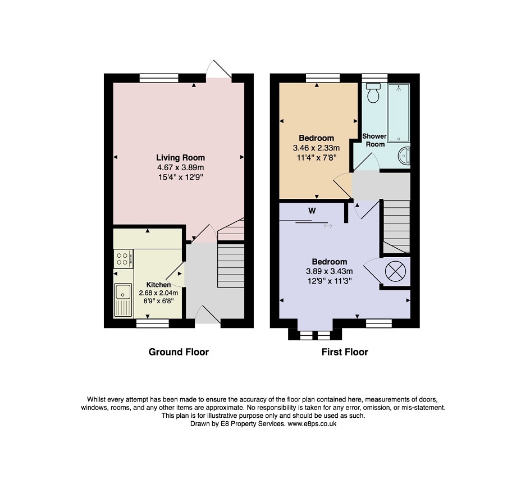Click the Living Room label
180,158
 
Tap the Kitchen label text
158,285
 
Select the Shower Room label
374,140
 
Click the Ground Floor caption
179,352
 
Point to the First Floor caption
345,352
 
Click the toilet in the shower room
373,93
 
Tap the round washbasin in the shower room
404,156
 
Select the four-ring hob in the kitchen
124,259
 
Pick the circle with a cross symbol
395,271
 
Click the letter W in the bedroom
312,211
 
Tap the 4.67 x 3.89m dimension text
180,167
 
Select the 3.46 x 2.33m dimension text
316,148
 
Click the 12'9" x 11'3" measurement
330,281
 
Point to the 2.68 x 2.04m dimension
158,293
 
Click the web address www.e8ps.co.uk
312,424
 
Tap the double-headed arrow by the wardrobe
328,226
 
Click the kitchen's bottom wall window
153,323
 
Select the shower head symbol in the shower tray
399,88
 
